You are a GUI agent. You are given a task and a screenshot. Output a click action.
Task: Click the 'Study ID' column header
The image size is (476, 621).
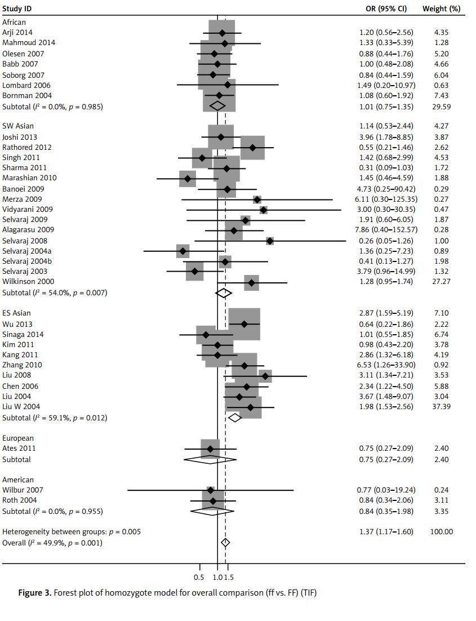tap(17, 8)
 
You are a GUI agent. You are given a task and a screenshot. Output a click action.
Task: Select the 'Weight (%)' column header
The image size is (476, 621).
tap(441, 8)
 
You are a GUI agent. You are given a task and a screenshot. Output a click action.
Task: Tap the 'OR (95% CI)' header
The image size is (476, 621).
tap(386, 8)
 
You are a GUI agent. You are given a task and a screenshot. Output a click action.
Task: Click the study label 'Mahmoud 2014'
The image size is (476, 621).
tap(29, 43)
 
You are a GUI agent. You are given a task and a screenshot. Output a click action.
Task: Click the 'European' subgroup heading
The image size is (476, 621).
tap(18, 438)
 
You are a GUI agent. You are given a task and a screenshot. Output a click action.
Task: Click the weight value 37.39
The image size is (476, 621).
tap(441, 406)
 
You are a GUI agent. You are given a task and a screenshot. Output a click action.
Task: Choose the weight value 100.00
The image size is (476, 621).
tap(441, 531)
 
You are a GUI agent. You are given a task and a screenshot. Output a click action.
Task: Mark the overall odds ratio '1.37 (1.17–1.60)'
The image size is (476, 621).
tap(386, 531)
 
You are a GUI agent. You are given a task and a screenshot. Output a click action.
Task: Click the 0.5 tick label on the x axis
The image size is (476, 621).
tap(199, 577)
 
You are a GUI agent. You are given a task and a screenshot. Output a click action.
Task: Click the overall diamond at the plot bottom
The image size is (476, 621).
tap(225, 543)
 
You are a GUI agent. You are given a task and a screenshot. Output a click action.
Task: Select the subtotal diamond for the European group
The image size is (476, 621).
tap(209, 459)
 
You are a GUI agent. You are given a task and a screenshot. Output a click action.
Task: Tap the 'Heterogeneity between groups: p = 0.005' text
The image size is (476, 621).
tap(72, 531)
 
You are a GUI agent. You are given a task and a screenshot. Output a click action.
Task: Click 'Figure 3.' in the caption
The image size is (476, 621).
tap(35, 593)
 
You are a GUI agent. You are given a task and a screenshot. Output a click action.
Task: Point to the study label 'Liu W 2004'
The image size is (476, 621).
tap(21, 406)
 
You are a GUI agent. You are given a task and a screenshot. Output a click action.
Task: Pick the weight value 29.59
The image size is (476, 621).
tap(441, 107)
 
